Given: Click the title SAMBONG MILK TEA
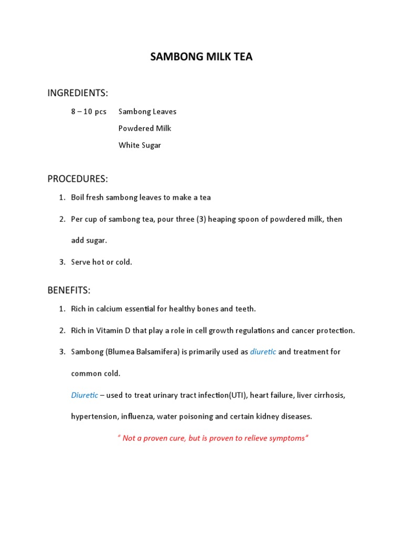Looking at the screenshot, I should point(201,57).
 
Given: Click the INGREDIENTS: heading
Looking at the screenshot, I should point(78,93).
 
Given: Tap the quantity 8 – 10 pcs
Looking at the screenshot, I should point(89,111).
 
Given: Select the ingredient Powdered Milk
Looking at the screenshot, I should point(145,128).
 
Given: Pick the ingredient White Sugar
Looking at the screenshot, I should point(140,146).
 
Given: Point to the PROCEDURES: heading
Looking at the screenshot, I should point(78,179).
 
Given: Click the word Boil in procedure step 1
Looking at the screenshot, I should point(79,198).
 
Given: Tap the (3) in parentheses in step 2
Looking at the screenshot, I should point(200,219).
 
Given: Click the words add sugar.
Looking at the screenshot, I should point(89,241).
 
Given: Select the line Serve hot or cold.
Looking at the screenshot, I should point(102,262).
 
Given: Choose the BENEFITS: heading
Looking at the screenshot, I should point(69,290).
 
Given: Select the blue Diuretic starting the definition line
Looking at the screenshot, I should point(84,395).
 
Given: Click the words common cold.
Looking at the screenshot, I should point(96,374).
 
